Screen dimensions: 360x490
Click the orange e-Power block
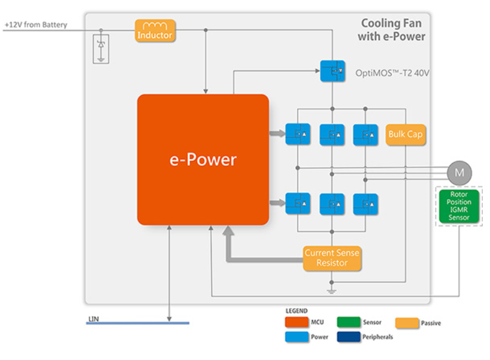[x=203, y=159]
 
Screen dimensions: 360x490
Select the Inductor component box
[x=155, y=30]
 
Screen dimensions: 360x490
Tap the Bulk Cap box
[x=405, y=134]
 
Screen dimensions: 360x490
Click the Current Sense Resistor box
[x=332, y=258]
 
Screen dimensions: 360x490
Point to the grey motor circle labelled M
[x=460, y=173]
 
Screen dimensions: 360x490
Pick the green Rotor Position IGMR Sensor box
[x=460, y=206]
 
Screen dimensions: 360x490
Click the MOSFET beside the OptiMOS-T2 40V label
[x=332, y=71]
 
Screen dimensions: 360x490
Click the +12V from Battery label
[x=36, y=25]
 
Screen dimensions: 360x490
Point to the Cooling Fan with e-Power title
[x=393, y=30]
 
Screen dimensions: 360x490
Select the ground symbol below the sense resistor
[x=332, y=291]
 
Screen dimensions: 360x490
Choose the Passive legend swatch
[x=407, y=323]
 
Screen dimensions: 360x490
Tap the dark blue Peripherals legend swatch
[x=349, y=337]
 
